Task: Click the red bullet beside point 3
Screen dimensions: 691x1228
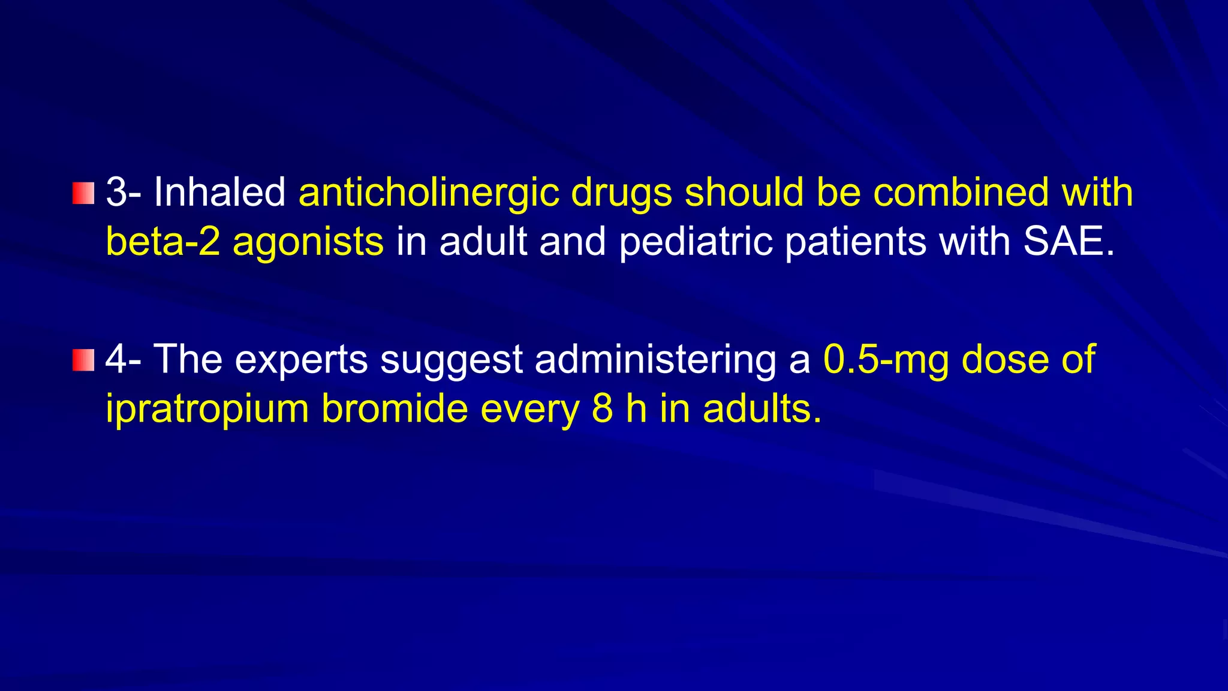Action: click(83, 193)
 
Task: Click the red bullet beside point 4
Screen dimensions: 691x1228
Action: click(83, 360)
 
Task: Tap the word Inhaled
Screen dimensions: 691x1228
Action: click(219, 193)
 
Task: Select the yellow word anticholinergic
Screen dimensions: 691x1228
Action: click(429, 194)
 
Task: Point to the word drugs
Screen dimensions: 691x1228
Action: click(621, 194)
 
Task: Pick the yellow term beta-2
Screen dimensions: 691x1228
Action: click(162, 242)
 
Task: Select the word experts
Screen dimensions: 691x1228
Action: click(301, 360)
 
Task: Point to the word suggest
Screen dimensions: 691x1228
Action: click(451, 360)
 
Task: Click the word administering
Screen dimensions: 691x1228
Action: click(655, 360)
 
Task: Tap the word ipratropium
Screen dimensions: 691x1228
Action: click(207, 410)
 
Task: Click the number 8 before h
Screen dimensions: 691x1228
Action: click(602, 408)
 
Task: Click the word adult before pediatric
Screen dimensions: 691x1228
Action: click(483, 242)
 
